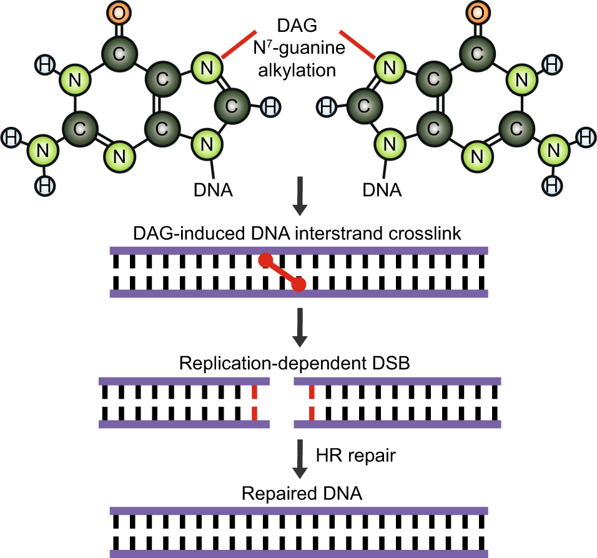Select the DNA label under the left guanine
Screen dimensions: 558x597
click(x=213, y=188)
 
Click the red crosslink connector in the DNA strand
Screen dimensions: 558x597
click(x=282, y=272)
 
